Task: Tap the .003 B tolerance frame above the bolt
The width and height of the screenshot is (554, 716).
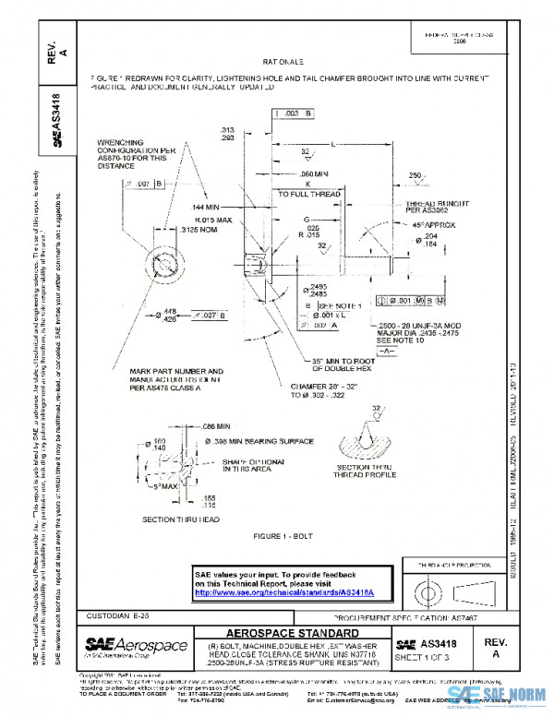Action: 293,113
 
